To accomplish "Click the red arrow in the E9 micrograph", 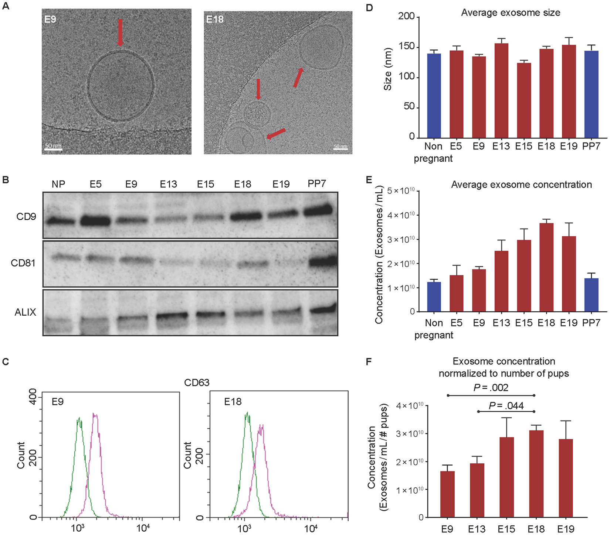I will pos(120,32).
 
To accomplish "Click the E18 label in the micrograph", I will pos(215,19).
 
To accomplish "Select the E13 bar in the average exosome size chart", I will pos(501,90).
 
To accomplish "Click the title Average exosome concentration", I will pos(521,185).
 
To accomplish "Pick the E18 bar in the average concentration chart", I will pos(546,267).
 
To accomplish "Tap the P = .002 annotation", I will pos(491,388).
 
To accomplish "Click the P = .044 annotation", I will pos(506,406).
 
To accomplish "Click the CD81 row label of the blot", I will pos(23,263).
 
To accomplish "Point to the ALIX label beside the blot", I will pos(26,312).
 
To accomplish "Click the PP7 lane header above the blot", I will pos(317,184).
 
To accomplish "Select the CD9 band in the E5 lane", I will pos(95,221).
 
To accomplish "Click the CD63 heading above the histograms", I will pos(197,383).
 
